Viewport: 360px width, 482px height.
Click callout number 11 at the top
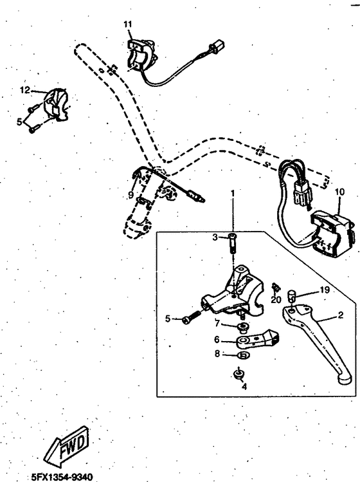pyautogui.click(x=128, y=24)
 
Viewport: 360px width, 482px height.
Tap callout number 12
pyautogui.click(x=25, y=90)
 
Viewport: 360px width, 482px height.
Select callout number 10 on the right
pyautogui.click(x=339, y=191)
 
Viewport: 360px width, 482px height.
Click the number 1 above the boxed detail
pyautogui.click(x=233, y=192)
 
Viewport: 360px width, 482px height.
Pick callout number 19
pyautogui.click(x=325, y=290)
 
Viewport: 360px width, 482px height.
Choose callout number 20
pyautogui.click(x=277, y=299)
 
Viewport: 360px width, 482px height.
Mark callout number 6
pyautogui.click(x=217, y=340)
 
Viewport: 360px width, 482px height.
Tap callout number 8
pyautogui.click(x=217, y=353)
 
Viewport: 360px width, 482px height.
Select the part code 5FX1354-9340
pyautogui.click(x=62, y=477)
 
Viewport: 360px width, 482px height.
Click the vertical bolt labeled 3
pyautogui.click(x=232, y=244)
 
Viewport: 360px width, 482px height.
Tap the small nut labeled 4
pyautogui.click(x=238, y=374)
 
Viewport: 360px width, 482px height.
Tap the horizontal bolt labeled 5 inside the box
pyautogui.click(x=190, y=317)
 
